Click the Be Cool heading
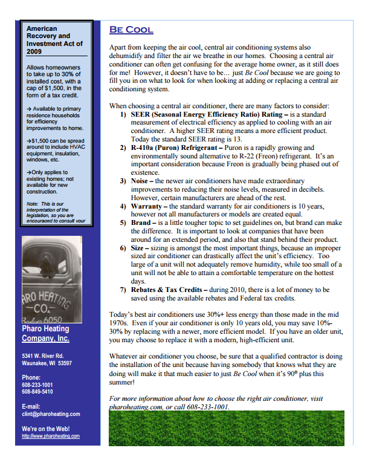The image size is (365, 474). (x=131, y=30)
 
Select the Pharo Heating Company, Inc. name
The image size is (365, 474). (x=45, y=334)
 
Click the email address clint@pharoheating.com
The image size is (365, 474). (x=51, y=414)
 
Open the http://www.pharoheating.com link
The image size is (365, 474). (x=51, y=436)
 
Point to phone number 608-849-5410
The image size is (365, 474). (x=37, y=392)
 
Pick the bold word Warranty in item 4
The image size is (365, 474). (x=150, y=206)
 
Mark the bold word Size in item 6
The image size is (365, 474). (x=138, y=248)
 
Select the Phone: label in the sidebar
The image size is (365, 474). (x=31, y=377)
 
